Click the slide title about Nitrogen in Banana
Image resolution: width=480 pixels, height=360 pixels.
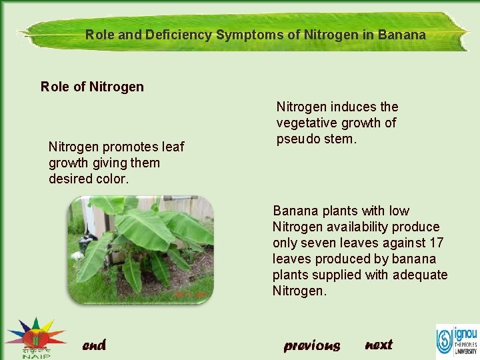pos(255,35)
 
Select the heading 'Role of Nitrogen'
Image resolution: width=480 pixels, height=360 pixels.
pos(92,87)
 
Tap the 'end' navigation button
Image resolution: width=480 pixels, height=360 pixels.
pos(94,345)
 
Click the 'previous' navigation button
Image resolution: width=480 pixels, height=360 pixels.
pos(311,345)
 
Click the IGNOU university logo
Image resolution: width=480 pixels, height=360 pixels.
pos(457,340)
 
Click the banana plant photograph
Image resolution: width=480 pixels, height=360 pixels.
pos(141,249)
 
